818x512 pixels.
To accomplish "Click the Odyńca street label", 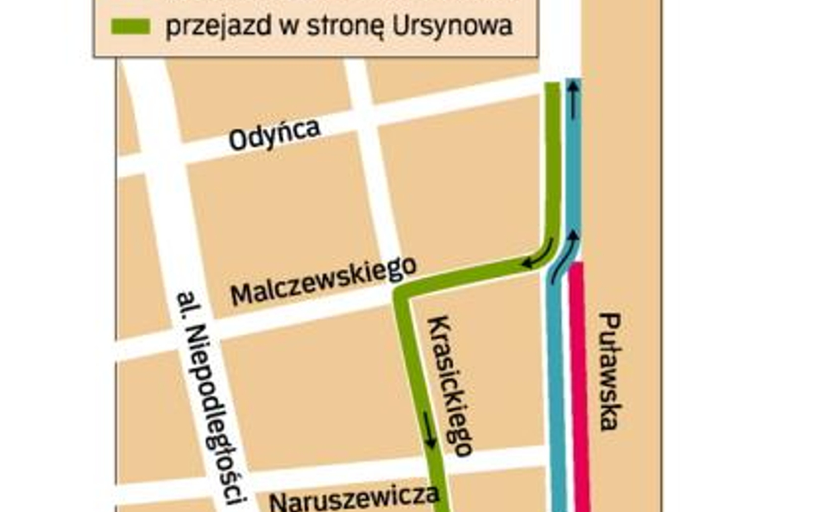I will (274, 136).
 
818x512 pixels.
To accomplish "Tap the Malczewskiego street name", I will (323, 281).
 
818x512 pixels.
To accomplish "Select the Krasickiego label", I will (450, 385).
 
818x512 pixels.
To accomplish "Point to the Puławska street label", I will (609, 370).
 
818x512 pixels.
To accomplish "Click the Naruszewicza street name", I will (355, 497).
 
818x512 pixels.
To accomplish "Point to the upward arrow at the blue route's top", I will (572, 103).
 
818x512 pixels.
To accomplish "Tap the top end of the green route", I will (552, 86).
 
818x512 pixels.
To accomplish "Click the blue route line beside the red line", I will (557, 389).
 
